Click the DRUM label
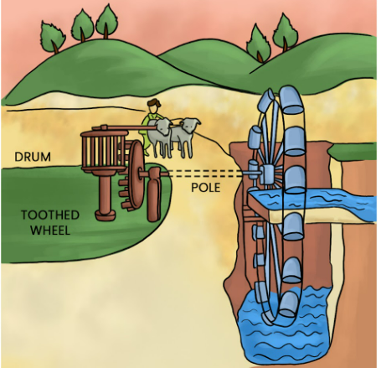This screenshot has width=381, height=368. (33, 157)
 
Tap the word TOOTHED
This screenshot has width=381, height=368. (50, 215)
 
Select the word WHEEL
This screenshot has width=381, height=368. (50, 231)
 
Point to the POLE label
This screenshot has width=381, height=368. (206, 188)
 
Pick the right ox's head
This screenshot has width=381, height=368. (190, 125)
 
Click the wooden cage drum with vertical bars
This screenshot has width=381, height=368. (103, 150)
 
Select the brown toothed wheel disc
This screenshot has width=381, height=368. (136, 174)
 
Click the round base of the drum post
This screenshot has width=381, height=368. (106, 215)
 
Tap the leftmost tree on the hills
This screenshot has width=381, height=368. (52, 37)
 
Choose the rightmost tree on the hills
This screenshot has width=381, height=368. (285, 33)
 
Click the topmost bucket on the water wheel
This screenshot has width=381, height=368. (291, 100)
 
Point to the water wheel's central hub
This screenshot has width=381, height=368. (269, 174)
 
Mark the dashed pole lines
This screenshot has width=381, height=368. (205, 174)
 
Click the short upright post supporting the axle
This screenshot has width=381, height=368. (154, 194)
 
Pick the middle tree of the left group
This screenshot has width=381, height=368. (83, 25)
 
